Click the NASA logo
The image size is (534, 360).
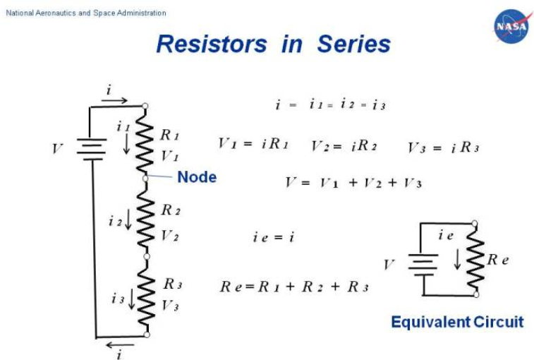(x=511, y=26)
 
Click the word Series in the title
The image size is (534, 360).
(x=354, y=44)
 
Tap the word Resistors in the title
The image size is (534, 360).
(x=212, y=44)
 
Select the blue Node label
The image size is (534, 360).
(x=197, y=177)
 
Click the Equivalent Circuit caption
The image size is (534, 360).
(x=457, y=322)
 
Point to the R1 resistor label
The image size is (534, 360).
(x=169, y=135)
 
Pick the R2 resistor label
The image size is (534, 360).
(x=171, y=210)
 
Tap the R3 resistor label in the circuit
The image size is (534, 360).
(x=173, y=284)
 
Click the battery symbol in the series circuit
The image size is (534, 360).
(x=92, y=149)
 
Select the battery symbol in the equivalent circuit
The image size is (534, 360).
(x=423, y=265)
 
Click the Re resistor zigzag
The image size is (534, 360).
(x=475, y=259)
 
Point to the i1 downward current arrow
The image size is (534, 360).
(x=126, y=143)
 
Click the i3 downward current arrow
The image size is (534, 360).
(x=131, y=299)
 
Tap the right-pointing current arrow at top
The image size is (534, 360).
(x=114, y=100)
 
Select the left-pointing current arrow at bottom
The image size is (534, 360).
(x=120, y=345)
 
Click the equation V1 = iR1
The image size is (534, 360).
(x=253, y=143)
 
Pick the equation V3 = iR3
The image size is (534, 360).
(x=444, y=148)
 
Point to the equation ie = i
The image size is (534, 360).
(x=274, y=237)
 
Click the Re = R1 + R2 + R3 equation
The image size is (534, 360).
(x=294, y=287)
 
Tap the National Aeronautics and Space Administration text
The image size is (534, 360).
(x=86, y=13)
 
